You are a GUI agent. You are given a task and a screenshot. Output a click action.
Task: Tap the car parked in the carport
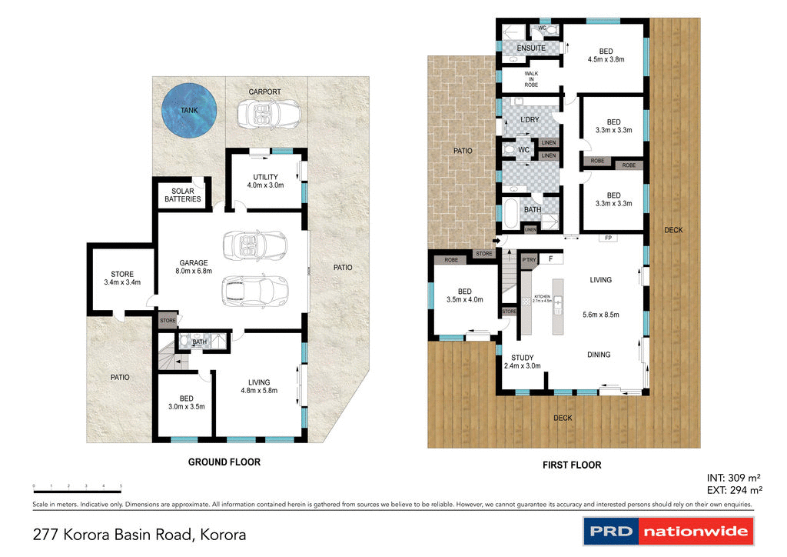tap(264, 116)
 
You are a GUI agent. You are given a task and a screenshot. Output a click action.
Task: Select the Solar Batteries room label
tap(183, 195)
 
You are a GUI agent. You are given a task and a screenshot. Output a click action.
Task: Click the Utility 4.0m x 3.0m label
tap(265, 181)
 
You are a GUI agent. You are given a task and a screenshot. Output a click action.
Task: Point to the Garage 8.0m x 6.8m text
tap(193, 267)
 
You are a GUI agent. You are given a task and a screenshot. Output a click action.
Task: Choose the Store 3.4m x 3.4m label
tap(121, 278)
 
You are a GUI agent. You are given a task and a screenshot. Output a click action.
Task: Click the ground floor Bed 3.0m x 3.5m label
tap(186, 402)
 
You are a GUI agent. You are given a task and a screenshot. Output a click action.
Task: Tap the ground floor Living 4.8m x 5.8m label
tap(258, 386)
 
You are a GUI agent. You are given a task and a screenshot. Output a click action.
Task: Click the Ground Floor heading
tap(224, 462)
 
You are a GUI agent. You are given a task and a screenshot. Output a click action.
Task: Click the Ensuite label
tap(531, 48)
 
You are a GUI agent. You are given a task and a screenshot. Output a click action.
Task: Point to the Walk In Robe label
tap(531, 79)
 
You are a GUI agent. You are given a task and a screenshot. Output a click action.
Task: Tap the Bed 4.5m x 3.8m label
tap(606, 55)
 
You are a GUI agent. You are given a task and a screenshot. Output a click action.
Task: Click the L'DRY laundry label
tap(529, 120)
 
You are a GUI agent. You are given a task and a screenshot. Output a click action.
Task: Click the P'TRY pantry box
tap(529, 260)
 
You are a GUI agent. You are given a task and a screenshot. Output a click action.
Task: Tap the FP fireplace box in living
tap(607, 238)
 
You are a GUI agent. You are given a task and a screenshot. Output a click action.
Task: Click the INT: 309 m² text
tap(732, 477)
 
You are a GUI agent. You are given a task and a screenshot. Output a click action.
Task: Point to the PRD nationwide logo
tap(668, 532)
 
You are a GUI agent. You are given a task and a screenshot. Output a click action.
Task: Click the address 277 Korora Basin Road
tap(140, 534)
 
